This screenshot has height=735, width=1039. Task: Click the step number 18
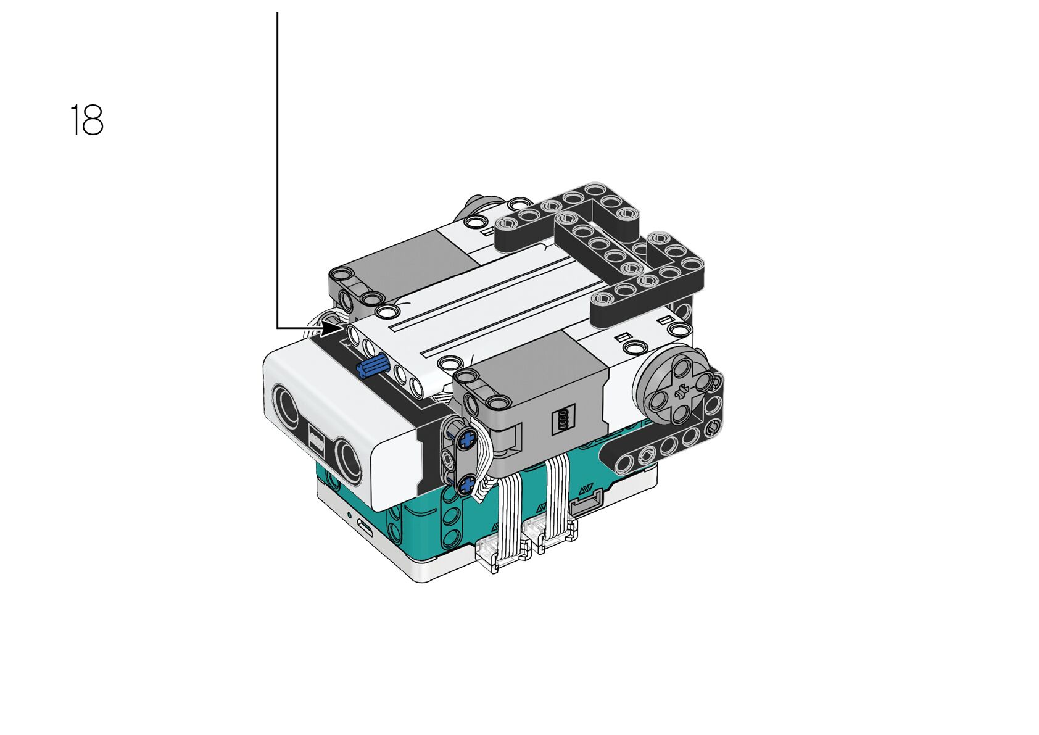click(87, 120)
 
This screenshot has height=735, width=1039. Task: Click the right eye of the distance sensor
click(348, 462)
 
